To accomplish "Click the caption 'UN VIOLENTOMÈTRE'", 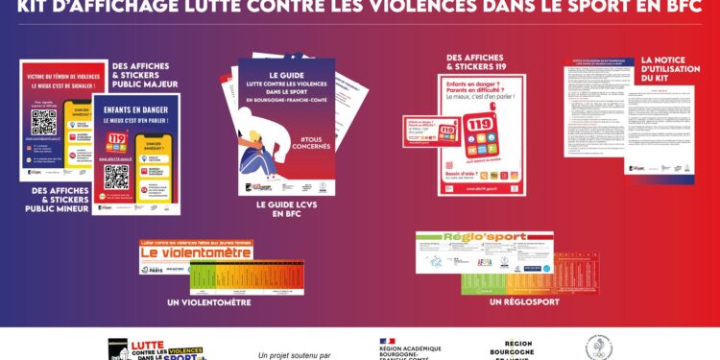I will point(208,302).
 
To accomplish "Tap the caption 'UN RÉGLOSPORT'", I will point(523,301).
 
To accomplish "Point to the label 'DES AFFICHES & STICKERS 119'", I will point(477,61).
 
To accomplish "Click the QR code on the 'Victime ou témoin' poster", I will point(44,122).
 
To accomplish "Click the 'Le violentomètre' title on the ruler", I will point(196,252).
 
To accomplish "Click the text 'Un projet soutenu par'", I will point(295,354).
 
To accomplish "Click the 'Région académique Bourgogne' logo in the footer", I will point(411,349).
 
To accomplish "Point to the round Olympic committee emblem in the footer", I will point(599,348).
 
